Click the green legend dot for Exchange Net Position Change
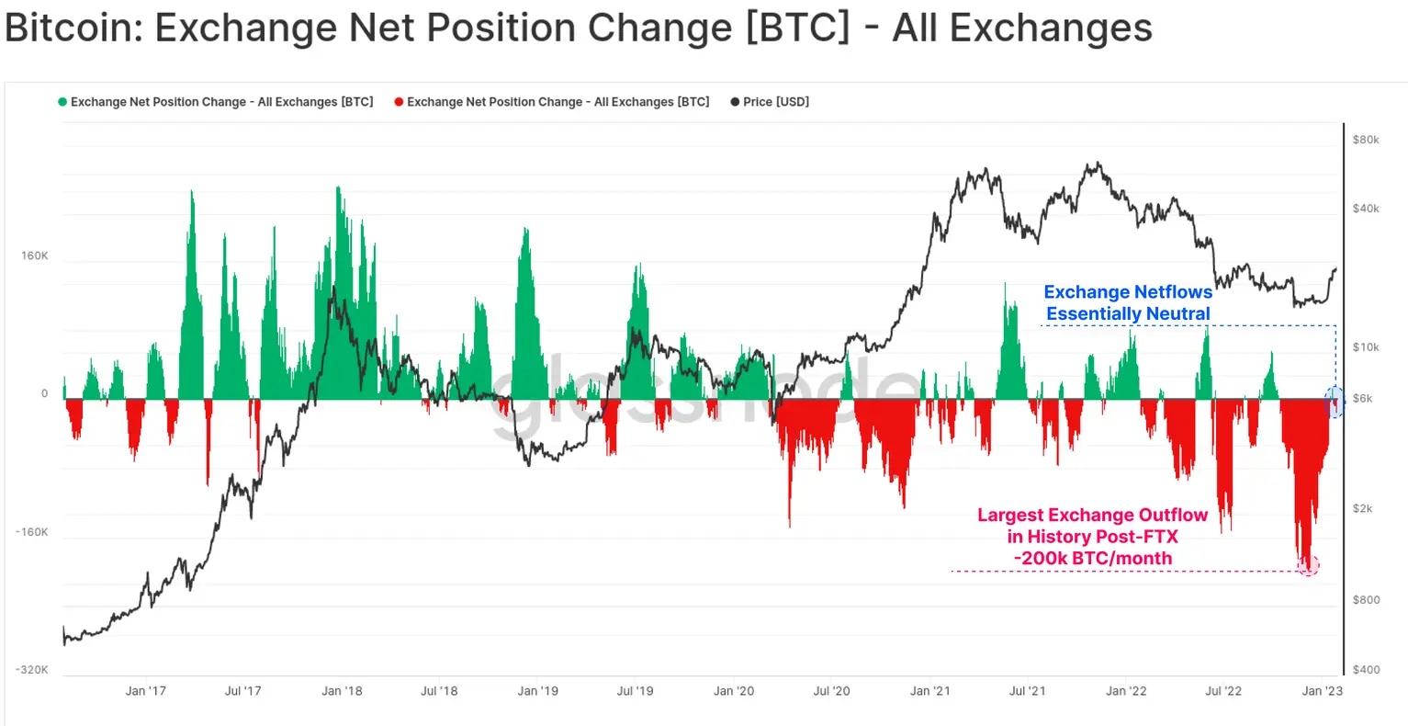pyautogui.click(x=62, y=102)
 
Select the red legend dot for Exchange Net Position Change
pyautogui.click(x=399, y=102)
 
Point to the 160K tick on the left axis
pyautogui.click(x=35, y=255)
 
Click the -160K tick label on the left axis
pyautogui.click(x=32, y=532)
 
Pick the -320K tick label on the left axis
pyautogui.click(x=32, y=670)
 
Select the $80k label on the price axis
pyautogui.click(x=1366, y=140)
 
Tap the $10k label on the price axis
pyautogui.click(x=1366, y=347)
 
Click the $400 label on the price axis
pyautogui.click(x=1366, y=670)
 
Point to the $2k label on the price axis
pyautogui.click(x=1363, y=509)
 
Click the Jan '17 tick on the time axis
pyautogui.click(x=146, y=691)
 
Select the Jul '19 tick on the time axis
pyautogui.click(x=635, y=691)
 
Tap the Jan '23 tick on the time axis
pyautogui.click(x=1323, y=691)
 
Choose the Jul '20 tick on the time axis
pyautogui.click(x=831, y=691)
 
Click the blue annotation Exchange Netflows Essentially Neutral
pyautogui.click(x=1128, y=303)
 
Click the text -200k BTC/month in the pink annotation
pyautogui.click(x=1093, y=559)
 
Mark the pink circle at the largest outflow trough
pyautogui.click(x=1309, y=565)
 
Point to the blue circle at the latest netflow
pyautogui.click(x=1335, y=402)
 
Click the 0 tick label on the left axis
pyautogui.click(x=44, y=393)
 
